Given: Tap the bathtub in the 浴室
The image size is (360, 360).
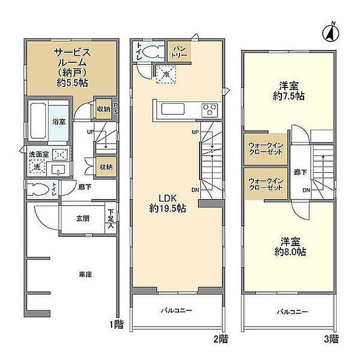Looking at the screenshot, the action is click(38, 121).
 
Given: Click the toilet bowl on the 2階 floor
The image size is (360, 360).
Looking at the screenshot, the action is click(152, 51).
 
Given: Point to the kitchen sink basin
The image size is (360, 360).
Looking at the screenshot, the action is click(173, 109).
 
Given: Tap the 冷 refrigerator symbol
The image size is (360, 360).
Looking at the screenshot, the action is click(166, 74).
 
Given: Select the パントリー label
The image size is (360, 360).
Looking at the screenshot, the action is click(179, 52).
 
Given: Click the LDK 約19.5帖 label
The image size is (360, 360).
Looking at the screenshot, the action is click(168, 204).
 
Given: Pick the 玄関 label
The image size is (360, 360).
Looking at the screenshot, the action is click(83, 219).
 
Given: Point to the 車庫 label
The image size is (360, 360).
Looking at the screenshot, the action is click(85, 274).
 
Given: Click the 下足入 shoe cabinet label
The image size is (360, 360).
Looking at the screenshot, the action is click(111, 219).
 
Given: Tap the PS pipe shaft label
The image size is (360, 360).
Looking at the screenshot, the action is click(116, 109).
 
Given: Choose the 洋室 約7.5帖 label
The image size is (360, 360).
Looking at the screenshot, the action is click(289, 91).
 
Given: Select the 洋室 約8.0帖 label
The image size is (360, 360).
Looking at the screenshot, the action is click(290, 247).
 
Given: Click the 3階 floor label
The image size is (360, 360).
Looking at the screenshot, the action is click(331, 339).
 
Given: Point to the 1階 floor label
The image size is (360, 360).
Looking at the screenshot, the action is click(116, 325).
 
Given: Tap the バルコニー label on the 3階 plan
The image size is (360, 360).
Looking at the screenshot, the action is click(292, 312).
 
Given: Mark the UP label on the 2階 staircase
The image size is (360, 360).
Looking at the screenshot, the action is click(195, 132).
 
